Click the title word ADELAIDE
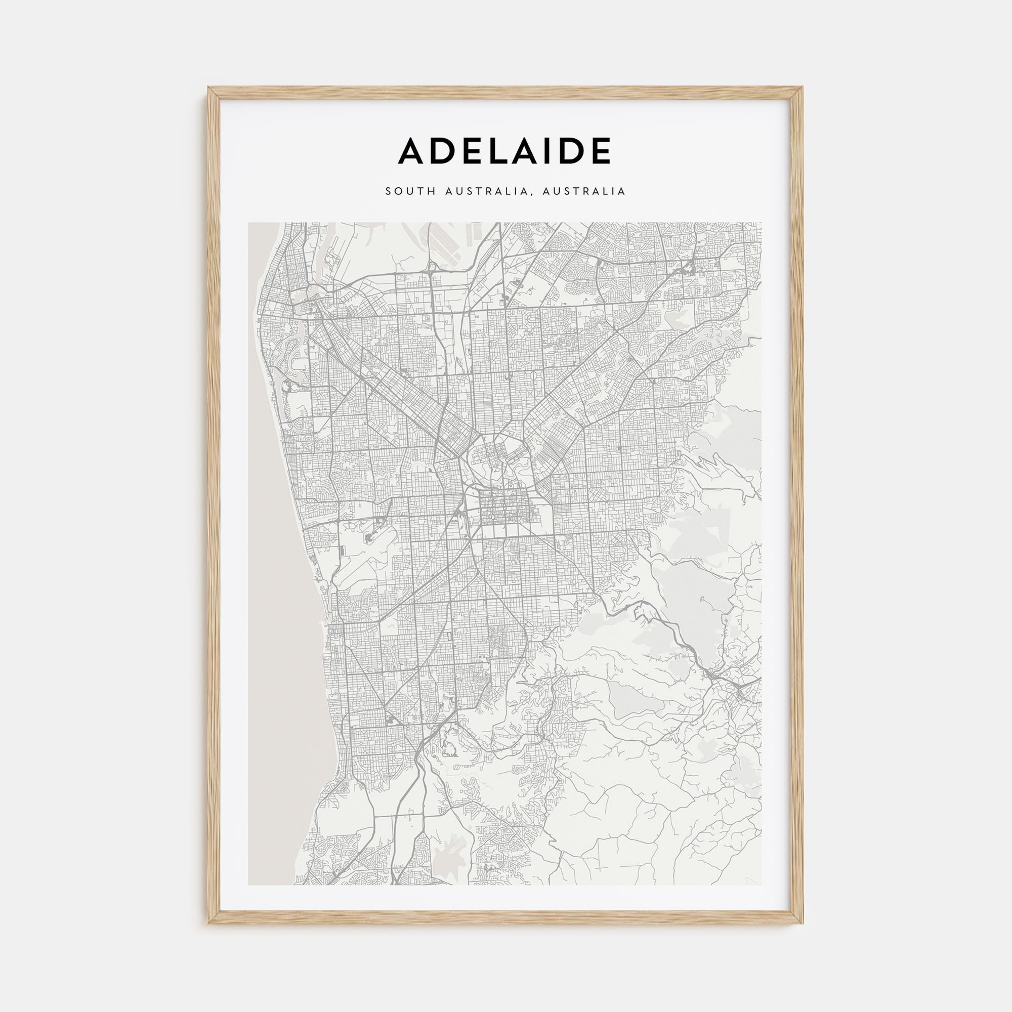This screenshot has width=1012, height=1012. point(504,151)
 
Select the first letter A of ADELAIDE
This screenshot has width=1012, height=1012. point(411,151)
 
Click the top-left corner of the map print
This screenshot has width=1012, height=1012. point(248,223)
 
